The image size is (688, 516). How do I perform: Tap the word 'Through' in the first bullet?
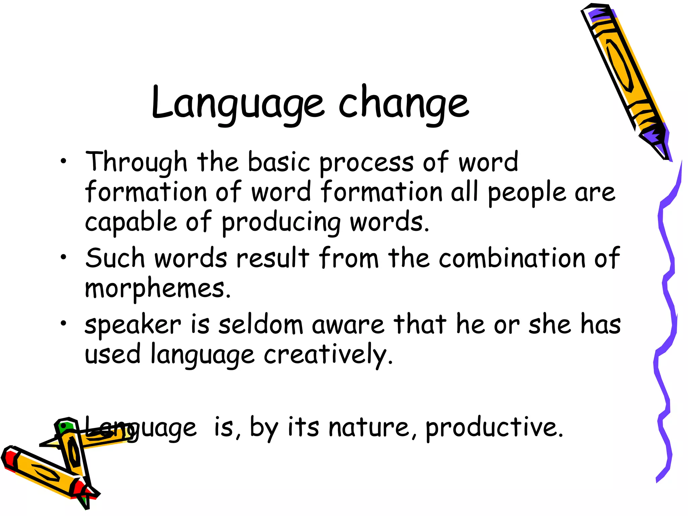point(136,162)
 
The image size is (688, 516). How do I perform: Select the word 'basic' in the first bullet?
point(279,162)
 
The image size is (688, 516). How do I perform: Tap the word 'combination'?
point(512,258)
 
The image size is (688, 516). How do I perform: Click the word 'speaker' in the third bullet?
point(133,325)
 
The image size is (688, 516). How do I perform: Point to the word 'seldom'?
point(261,325)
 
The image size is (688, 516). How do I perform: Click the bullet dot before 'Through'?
point(63,162)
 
